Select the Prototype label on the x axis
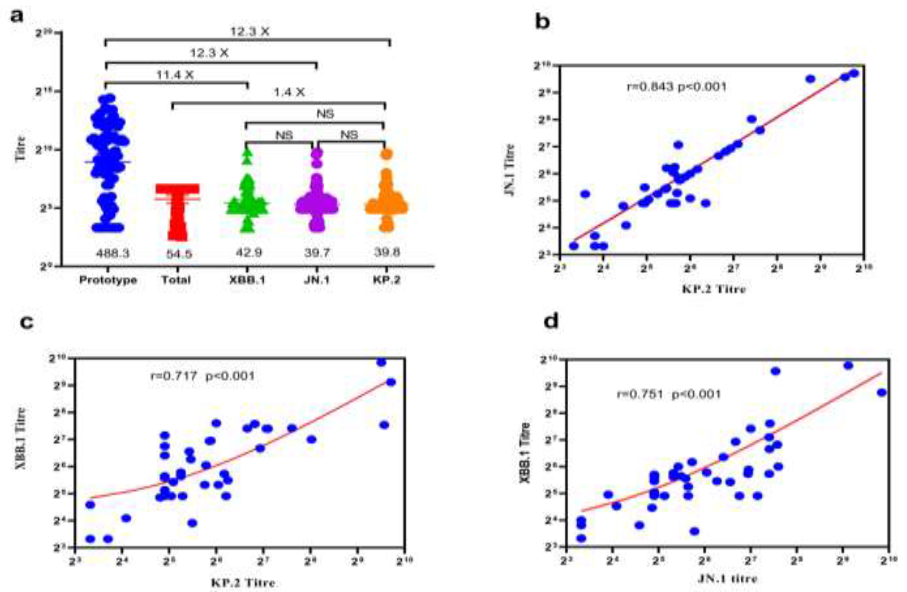click(108, 280)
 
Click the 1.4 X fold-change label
click(289, 92)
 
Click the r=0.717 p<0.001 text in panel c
click(202, 376)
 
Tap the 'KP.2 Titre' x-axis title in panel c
click(244, 583)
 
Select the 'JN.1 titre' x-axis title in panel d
click(727, 579)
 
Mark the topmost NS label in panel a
click(325, 114)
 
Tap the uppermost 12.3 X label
click(250, 32)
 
